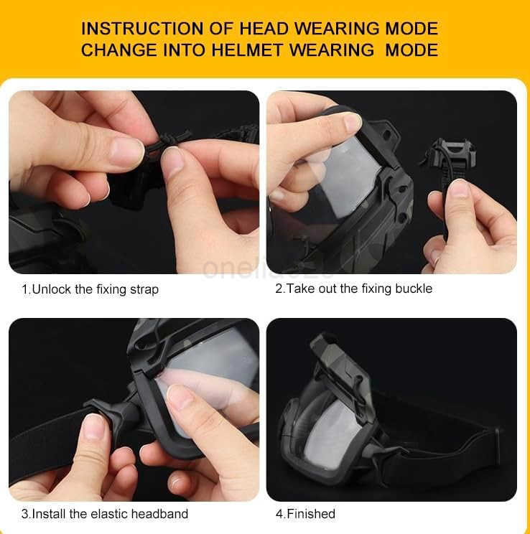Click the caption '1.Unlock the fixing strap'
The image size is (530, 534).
click(90, 290)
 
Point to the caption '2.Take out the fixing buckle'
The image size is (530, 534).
click(353, 289)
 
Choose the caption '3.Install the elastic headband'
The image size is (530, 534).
click(104, 513)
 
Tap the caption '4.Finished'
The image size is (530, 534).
click(305, 513)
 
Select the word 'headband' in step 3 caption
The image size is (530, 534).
click(162, 513)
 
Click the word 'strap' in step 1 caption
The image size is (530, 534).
click(144, 290)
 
